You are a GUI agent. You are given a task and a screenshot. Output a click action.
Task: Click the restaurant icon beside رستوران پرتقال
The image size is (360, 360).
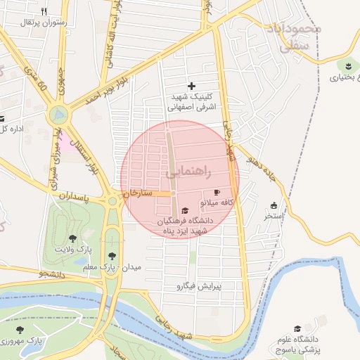click(x=44, y=11)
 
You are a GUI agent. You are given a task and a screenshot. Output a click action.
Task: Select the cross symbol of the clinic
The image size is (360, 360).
click(x=191, y=86)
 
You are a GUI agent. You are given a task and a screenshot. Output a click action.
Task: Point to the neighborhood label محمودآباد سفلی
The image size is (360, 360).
click(x=294, y=39)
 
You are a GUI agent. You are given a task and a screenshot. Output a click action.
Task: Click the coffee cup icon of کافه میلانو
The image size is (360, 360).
click(x=217, y=192)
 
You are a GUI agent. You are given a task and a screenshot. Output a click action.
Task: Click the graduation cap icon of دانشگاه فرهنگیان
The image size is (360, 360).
click(x=185, y=210)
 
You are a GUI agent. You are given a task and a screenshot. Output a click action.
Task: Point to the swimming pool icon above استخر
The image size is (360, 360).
click(x=274, y=205)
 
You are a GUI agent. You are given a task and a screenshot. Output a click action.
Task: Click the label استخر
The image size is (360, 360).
click(x=274, y=216)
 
